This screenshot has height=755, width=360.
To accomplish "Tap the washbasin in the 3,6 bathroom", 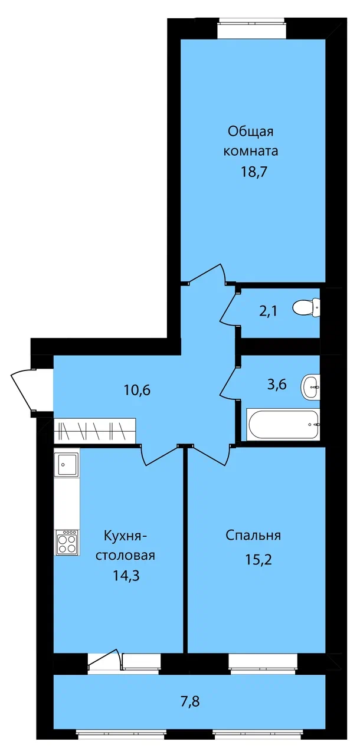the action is coord(309,387).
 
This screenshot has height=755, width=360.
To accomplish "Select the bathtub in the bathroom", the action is coord(283,424).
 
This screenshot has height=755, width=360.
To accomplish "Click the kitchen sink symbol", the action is coord(66,464).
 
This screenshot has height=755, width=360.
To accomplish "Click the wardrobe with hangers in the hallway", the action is coord(94,431).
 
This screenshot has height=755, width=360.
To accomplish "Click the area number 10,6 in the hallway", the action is coord(137,390).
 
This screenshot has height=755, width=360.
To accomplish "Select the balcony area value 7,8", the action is coord(191,702).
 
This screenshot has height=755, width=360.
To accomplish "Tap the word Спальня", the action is coord(253,536).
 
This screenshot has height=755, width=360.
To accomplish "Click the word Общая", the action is coord(250,132).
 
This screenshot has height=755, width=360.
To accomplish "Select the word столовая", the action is coord(125,556).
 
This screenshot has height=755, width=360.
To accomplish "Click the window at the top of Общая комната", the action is coord(251,28).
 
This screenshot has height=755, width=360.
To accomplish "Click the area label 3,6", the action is coord(277,384).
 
